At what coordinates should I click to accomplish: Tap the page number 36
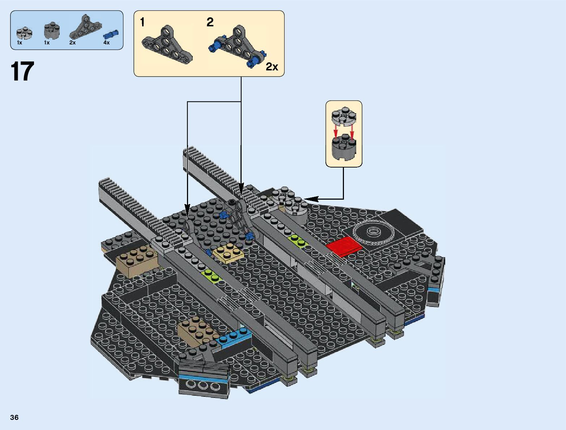(x=14, y=418)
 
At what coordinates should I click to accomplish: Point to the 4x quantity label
(x=106, y=43)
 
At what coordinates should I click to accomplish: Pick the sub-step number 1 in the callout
(x=142, y=22)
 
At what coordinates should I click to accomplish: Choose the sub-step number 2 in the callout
(x=210, y=22)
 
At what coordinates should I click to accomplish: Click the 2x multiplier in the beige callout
(x=272, y=67)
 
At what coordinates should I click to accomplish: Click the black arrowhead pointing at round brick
(x=311, y=199)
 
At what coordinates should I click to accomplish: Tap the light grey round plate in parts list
(x=24, y=33)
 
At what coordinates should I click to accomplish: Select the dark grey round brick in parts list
(x=51, y=32)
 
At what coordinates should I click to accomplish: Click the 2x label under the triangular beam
(x=73, y=43)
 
